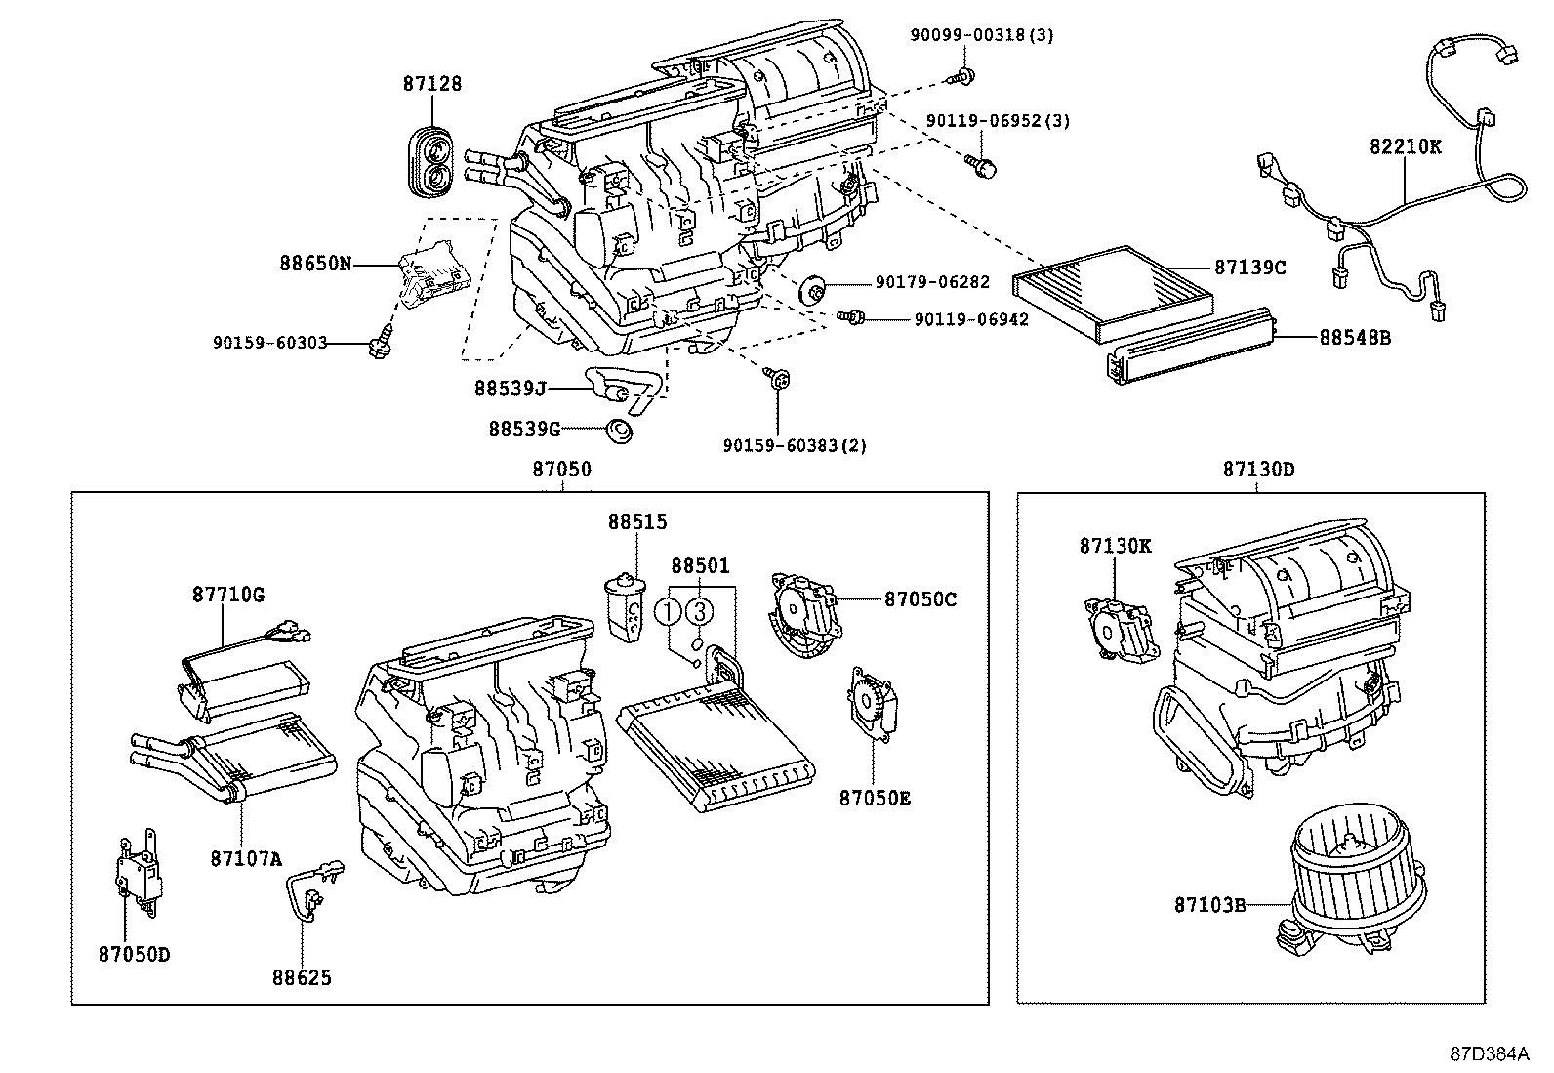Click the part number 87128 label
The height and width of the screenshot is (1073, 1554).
click(x=432, y=84)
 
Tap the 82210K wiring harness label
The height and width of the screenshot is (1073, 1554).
click(x=1405, y=146)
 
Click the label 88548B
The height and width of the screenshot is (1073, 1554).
click(x=1355, y=338)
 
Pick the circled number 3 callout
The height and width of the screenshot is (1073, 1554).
click(x=699, y=612)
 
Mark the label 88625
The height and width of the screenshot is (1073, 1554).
click(x=303, y=976)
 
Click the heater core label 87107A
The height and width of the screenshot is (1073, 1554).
click(x=245, y=859)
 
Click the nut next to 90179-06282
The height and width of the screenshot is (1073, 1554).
click(x=812, y=289)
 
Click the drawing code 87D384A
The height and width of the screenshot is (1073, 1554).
click(x=1488, y=1054)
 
